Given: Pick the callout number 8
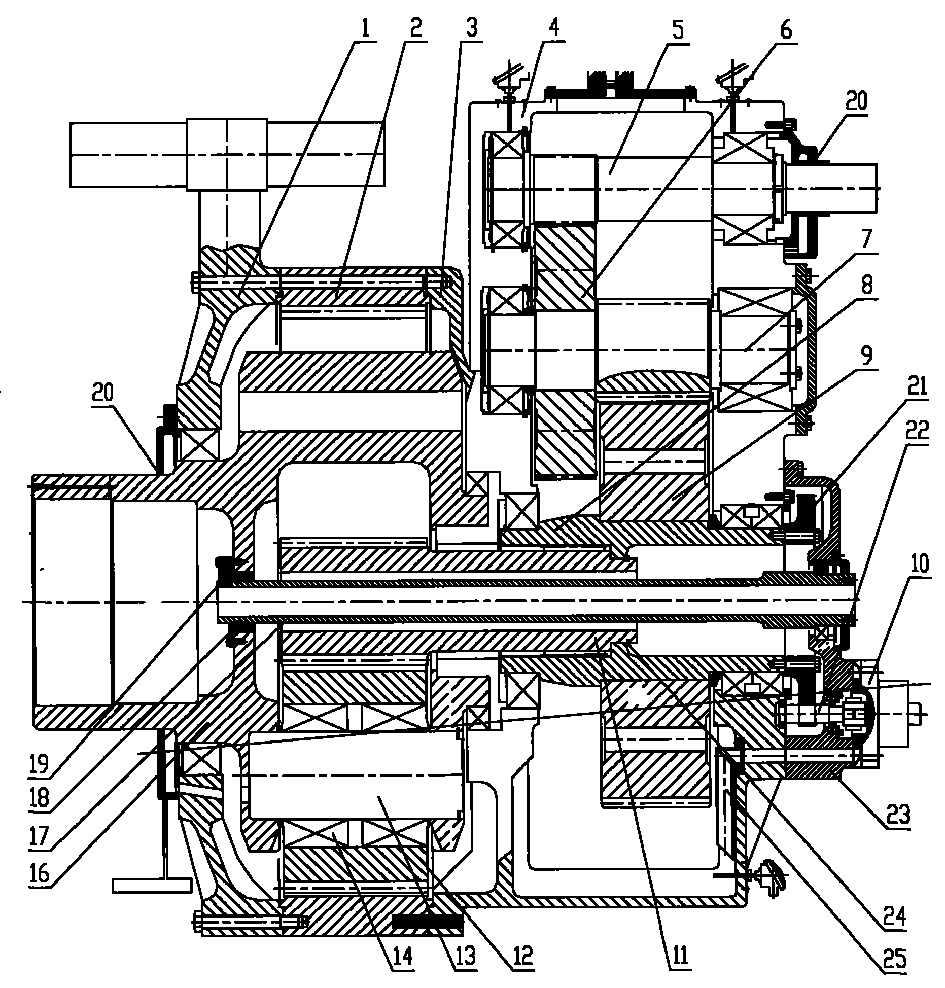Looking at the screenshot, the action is tap(867, 285).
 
